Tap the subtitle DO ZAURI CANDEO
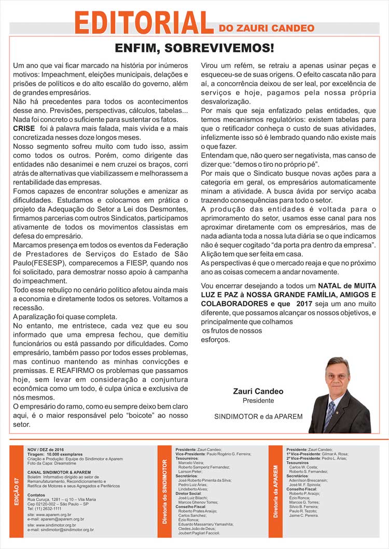click(x=267, y=27)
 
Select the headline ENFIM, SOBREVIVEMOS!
click(x=195, y=49)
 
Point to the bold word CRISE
click(x=24, y=127)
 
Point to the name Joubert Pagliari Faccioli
click(x=199, y=533)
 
